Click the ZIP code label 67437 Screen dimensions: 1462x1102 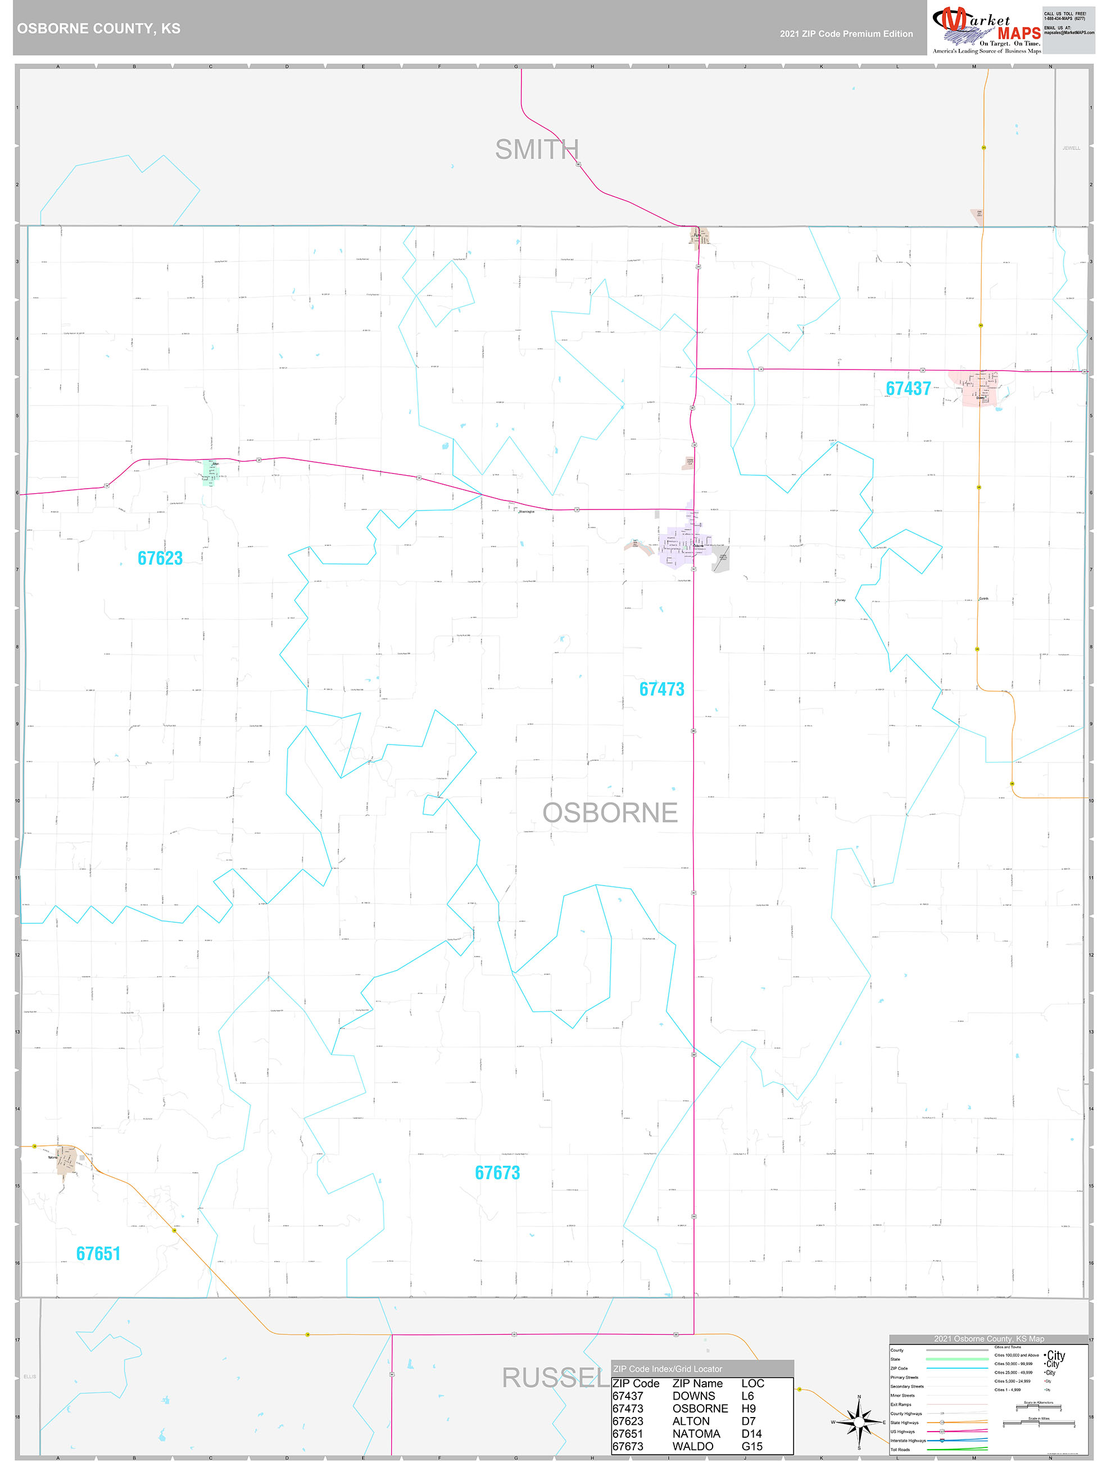(908, 389)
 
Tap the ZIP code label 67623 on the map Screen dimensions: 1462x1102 (160, 558)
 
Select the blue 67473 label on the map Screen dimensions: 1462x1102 (661, 689)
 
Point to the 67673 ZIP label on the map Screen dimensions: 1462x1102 (497, 1172)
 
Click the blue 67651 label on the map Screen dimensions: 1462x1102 (98, 1253)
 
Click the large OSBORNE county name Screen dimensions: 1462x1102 (610, 813)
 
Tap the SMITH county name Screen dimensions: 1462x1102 (537, 150)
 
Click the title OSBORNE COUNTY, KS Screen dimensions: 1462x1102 (98, 29)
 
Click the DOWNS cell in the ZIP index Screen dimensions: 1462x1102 (693, 1395)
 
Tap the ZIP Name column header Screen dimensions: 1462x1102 (697, 1383)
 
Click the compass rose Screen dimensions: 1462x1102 (858, 1421)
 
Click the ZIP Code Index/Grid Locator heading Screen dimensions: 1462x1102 (667, 1369)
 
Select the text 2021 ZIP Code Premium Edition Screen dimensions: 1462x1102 (846, 34)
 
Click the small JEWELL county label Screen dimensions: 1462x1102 (1071, 148)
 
